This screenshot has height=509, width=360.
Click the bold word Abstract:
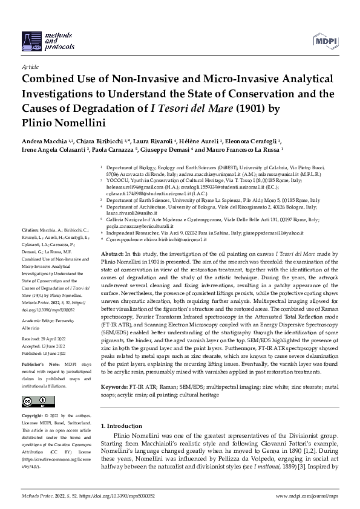(x=113, y=254)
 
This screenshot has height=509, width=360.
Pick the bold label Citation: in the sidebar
(x=31, y=231)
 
